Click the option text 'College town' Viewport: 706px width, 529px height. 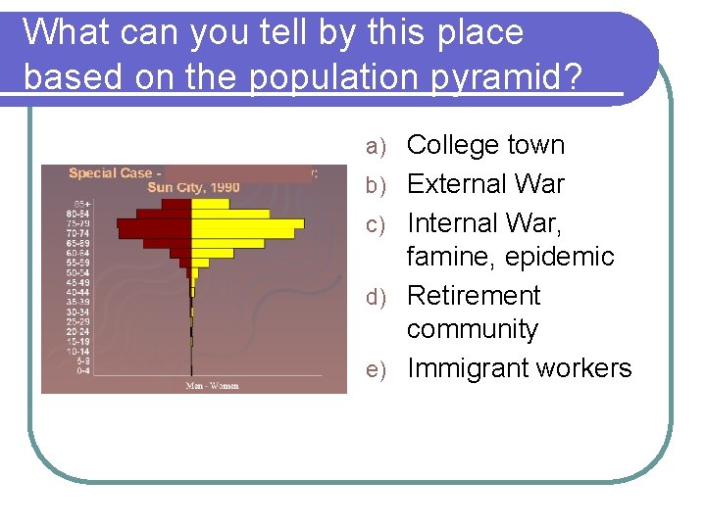(x=485, y=145)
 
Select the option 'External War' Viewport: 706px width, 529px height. (x=485, y=183)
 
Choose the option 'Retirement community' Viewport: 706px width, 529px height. (x=473, y=312)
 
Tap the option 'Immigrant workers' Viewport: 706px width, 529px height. (x=519, y=368)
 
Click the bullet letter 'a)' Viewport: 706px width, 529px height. (x=378, y=147)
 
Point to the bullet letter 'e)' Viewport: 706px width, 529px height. (x=378, y=370)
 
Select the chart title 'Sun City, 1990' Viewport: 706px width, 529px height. (x=193, y=187)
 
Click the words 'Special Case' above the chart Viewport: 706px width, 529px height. (x=110, y=173)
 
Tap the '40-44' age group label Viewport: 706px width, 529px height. (x=78, y=292)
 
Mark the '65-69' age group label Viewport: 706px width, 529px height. (x=78, y=243)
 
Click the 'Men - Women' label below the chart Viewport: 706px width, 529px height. (x=212, y=385)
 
